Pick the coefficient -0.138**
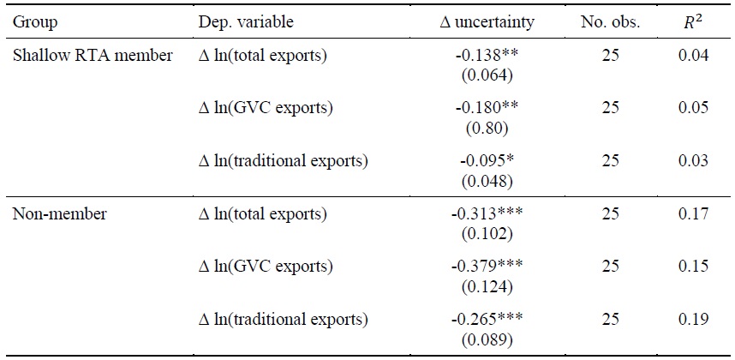[486, 57]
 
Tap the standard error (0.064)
[486, 75]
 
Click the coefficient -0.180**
[486, 110]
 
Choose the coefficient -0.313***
[486, 214]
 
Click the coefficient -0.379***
[486, 267]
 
